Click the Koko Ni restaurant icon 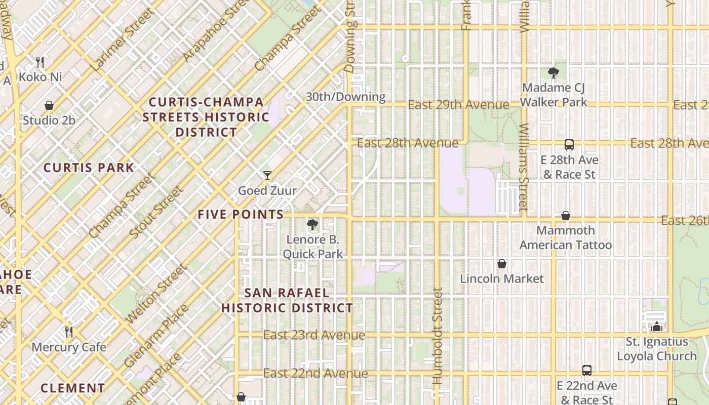pos(41,62)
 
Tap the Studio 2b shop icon pos(49,105)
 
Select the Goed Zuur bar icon pos(267,176)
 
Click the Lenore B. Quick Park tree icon pos(312,225)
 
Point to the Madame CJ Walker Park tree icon pos(553,73)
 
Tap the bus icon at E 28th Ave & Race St pos(569,145)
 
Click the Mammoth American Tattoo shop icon pos(566,216)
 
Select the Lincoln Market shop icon pos(502,264)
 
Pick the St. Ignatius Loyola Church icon pos(657,327)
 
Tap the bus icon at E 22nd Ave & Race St pos(586,371)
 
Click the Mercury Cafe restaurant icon pos(69,332)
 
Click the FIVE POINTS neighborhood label pos(241,214)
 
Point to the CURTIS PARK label pos(89,168)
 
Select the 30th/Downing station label pos(345,97)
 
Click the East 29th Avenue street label pos(458,105)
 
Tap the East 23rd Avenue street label pos(314,335)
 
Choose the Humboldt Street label pos(438,337)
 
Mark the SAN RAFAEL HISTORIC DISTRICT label pos(287,300)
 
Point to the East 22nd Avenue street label pos(316,374)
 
